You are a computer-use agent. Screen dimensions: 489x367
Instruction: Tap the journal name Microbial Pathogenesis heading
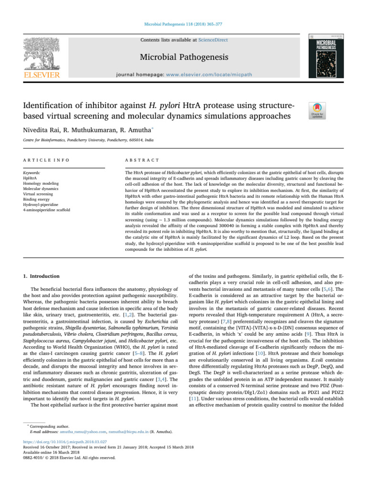point(183,58)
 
